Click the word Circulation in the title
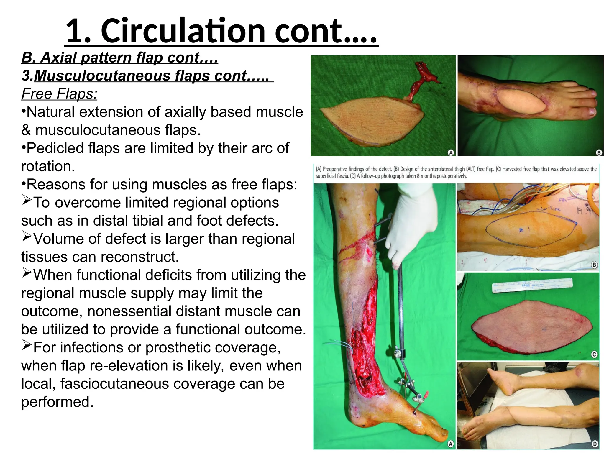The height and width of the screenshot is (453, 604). pyautogui.click(x=183, y=31)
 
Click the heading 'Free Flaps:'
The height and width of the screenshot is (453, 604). pyautogui.click(x=59, y=94)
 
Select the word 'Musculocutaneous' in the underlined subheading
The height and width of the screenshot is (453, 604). pyautogui.click(x=102, y=75)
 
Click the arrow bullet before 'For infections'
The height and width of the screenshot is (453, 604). pyautogui.click(x=27, y=345)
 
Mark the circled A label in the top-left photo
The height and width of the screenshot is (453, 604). pyautogui.click(x=451, y=152)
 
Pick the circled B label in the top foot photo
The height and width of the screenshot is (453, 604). pyautogui.click(x=599, y=152)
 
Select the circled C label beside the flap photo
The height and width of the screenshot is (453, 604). pyautogui.click(x=594, y=354)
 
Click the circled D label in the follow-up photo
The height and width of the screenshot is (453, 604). pyautogui.click(x=595, y=444)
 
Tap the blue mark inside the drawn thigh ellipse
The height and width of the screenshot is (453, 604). pyautogui.click(x=521, y=230)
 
